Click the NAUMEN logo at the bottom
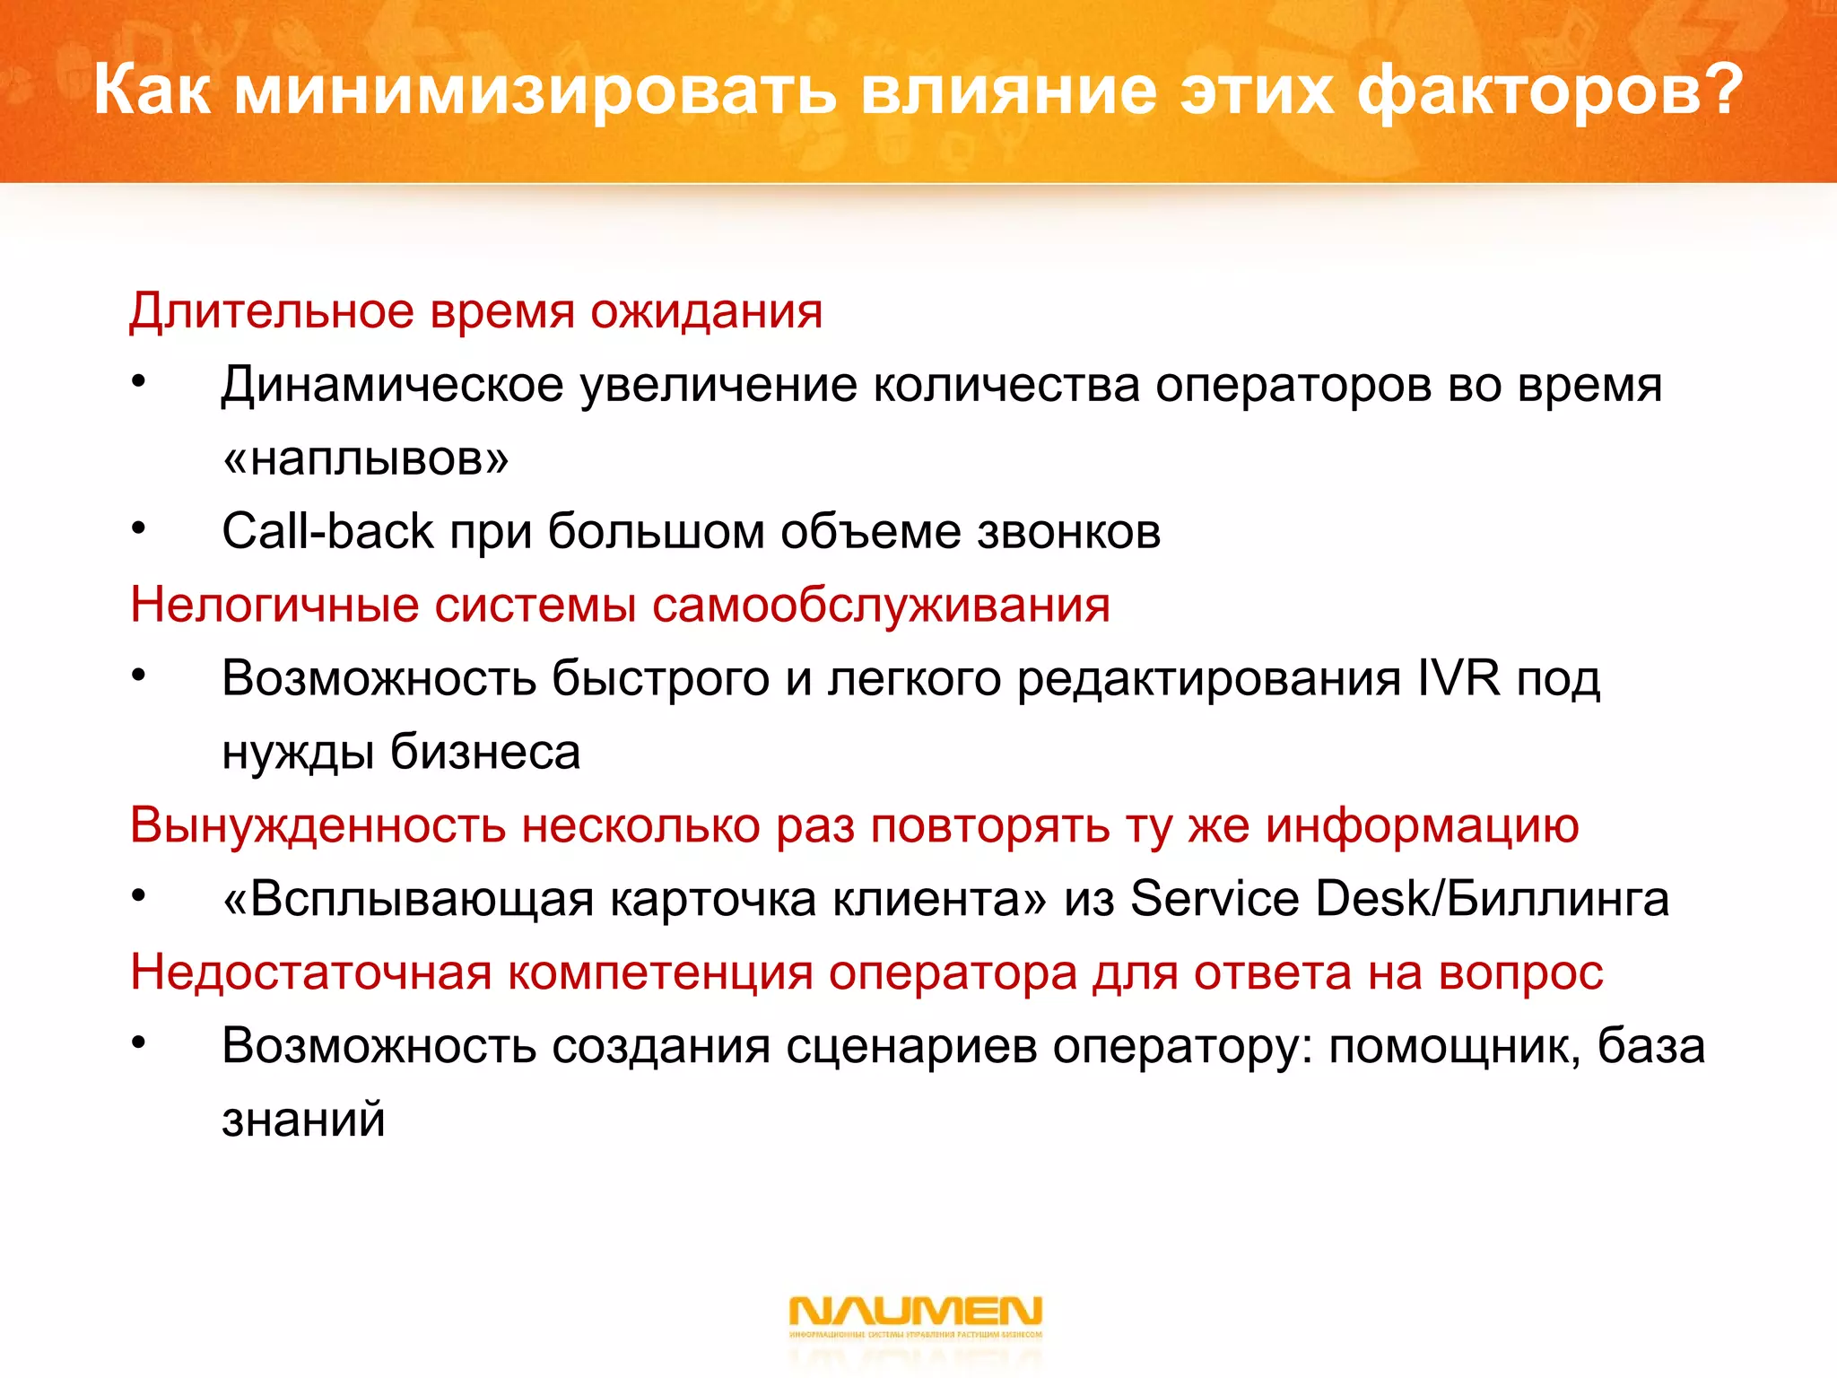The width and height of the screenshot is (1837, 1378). (915, 1313)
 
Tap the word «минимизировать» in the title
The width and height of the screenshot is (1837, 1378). (535, 92)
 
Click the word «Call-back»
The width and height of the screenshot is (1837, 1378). (327, 531)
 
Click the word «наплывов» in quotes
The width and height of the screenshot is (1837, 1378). (366, 458)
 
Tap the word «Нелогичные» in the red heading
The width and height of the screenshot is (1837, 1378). (274, 604)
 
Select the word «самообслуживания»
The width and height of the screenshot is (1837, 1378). (881, 606)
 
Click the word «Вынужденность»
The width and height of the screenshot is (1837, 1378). (318, 825)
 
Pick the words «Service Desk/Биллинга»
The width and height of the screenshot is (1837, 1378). (1399, 899)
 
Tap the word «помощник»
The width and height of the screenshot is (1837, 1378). (1454, 1047)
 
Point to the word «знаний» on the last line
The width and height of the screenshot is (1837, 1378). (303, 1121)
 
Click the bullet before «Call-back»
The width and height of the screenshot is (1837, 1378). (137, 529)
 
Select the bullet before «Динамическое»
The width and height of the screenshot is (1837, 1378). (137, 383)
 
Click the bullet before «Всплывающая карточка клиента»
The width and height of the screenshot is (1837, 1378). (137, 897)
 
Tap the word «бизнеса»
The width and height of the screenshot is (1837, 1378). (485, 752)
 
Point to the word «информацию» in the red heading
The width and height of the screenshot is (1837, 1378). (1422, 825)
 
